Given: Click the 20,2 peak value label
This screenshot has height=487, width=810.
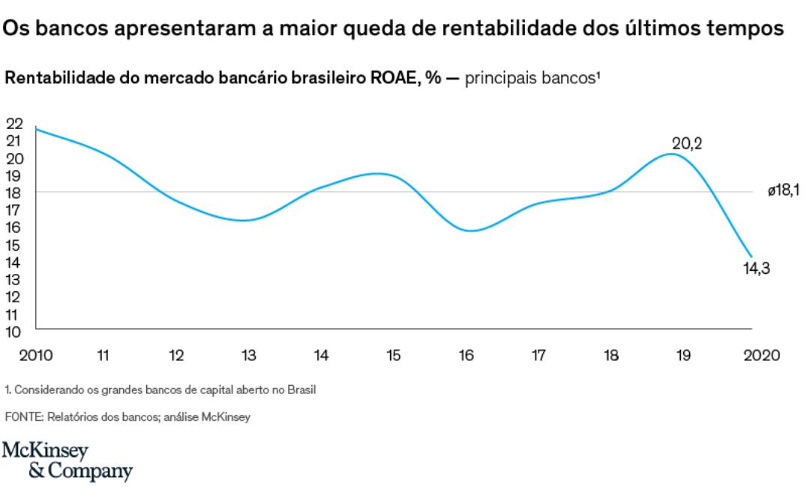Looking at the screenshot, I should coord(687,143).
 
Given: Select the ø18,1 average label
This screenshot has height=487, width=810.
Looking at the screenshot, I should coord(782,193).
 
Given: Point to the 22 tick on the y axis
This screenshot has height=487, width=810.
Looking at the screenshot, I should coord(15,124).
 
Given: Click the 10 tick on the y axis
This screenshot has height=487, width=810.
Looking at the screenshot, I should coord(15,330).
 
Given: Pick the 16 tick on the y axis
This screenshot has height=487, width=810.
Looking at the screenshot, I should coord(15,227).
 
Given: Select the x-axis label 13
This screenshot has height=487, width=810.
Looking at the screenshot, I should coord(249,356).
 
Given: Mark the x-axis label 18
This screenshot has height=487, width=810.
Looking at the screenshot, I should coord(611,356).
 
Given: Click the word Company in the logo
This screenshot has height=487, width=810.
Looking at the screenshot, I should coord(89,472).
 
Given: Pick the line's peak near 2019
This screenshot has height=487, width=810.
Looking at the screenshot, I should coord(671,154).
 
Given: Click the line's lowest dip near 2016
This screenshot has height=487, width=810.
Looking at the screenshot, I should coord(469,230).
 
